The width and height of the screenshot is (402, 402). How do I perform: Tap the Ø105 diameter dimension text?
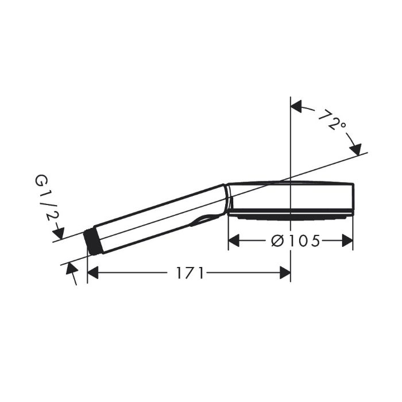(x=296, y=241)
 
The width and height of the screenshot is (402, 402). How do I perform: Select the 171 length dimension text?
(x=190, y=273)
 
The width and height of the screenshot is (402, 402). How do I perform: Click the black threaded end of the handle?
(x=94, y=242)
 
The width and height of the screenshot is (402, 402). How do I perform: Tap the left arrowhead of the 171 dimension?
(x=93, y=273)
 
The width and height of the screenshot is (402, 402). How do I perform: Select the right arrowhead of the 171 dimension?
(x=285, y=273)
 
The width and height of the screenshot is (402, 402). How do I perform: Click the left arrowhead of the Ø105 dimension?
(x=234, y=241)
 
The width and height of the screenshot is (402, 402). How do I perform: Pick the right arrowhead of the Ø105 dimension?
(x=347, y=241)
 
